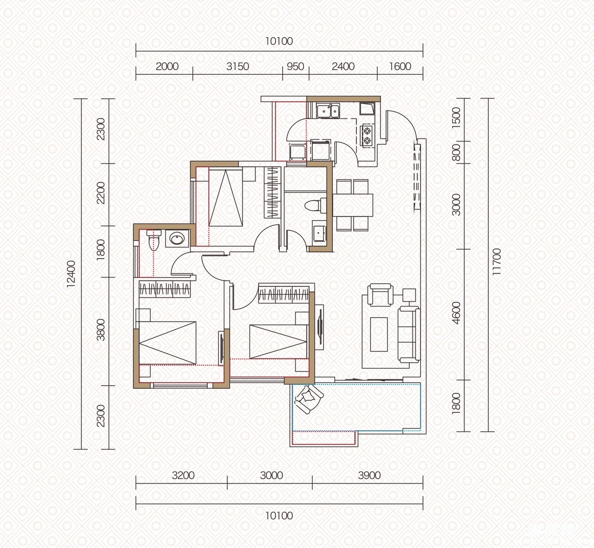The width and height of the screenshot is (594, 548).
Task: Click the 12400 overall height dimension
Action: point(71,274)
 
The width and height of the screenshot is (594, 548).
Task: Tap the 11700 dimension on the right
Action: point(496,262)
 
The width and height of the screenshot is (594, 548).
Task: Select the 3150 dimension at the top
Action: point(238,66)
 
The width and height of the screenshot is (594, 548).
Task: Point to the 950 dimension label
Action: point(295,66)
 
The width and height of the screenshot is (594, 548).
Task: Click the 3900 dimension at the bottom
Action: point(369,475)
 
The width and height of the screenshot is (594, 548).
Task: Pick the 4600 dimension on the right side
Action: point(456,313)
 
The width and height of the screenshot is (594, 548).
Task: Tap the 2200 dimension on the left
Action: point(101,193)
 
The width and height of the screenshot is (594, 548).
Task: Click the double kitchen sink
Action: point(328,111)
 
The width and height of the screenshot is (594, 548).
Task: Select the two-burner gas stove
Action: point(367,135)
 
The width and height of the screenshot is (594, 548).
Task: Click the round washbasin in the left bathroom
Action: point(177,239)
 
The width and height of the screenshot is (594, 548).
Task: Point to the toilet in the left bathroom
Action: point(154,240)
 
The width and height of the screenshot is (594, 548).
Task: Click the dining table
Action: point(353,205)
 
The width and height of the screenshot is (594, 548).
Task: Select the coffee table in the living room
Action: point(379,334)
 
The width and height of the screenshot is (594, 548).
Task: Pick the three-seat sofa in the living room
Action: point(409,334)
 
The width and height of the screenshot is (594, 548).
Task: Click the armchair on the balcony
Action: point(309,399)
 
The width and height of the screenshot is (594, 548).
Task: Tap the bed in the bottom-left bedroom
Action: point(167,343)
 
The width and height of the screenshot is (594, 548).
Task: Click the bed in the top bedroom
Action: point(226,198)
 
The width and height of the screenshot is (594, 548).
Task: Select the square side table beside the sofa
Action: point(409,295)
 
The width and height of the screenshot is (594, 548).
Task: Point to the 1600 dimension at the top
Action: point(400,66)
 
